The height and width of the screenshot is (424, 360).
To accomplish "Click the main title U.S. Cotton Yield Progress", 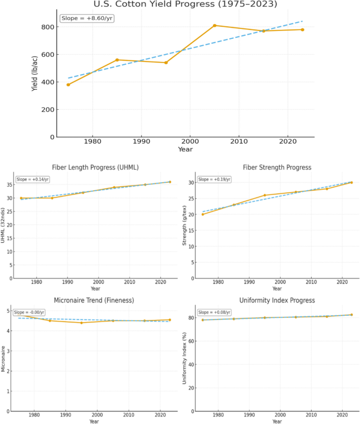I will pyautogui.click(x=185, y=4).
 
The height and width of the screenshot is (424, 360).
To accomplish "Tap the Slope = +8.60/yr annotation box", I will pyautogui.click(x=87, y=18).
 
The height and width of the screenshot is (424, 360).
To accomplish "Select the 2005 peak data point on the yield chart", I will pyautogui.click(x=215, y=25).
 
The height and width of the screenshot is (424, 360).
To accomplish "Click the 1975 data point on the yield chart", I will pyautogui.click(x=68, y=85).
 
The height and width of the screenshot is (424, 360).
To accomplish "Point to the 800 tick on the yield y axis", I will pyautogui.click(x=48, y=27).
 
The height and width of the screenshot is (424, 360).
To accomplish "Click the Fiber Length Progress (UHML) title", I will pyautogui.click(x=96, y=168).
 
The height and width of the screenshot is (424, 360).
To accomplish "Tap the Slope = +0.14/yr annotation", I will pyautogui.click(x=33, y=179).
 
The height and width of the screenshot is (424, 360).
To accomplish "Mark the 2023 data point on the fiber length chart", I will pyautogui.click(x=170, y=182).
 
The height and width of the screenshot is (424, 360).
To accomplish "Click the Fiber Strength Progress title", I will pyautogui.click(x=277, y=168).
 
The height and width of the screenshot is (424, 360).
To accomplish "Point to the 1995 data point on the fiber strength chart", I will pyautogui.click(x=265, y=195).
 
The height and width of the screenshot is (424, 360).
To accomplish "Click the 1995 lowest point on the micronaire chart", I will pyautogui.click(x=81, y=323).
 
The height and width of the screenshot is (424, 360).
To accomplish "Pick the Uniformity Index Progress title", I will pyautogui.click(x=277, y=300).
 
